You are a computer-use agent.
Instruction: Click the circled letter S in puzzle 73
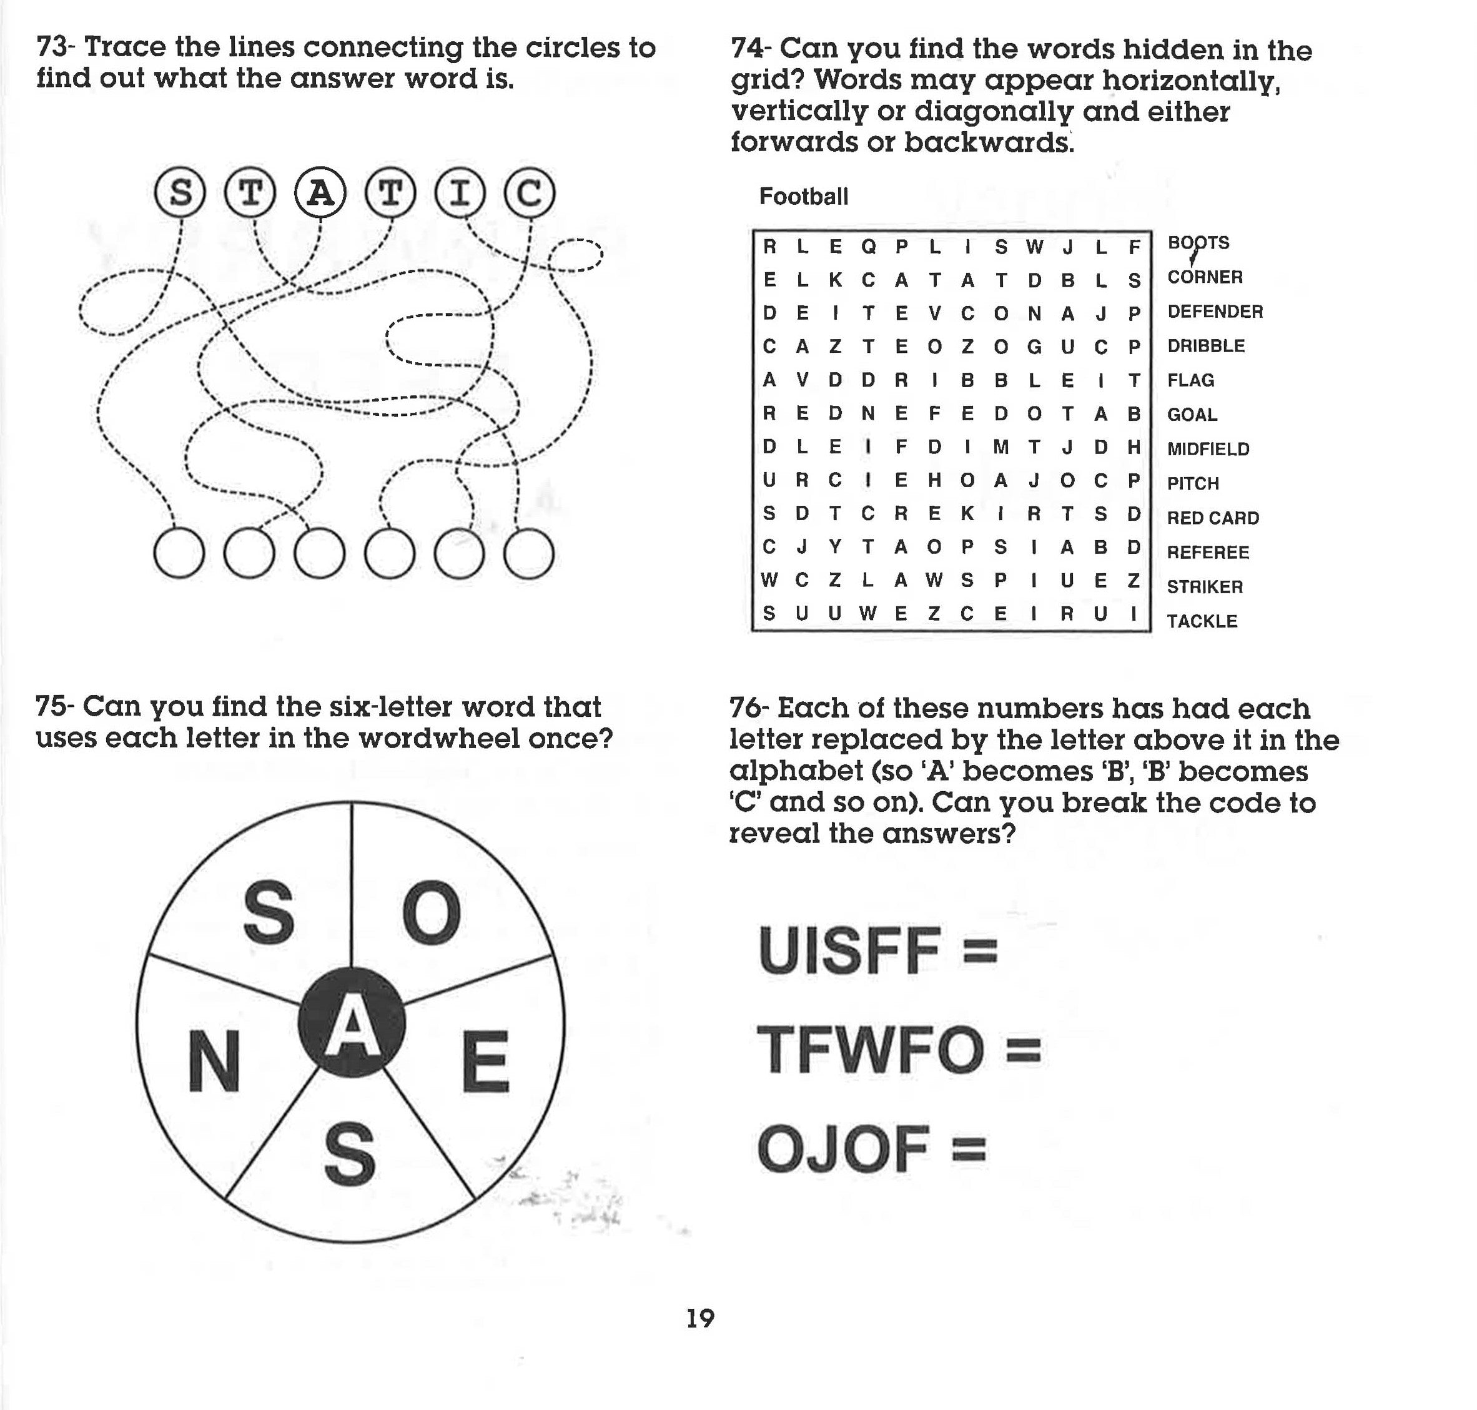tap(180, 193)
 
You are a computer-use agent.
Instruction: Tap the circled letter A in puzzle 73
tap(320, 193)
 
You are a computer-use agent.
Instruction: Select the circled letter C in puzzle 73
tap(529, 193)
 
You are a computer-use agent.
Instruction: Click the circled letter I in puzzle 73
tap(460, 193)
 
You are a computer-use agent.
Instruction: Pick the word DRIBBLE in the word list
tap(1206, 346)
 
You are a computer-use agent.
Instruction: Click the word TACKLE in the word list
tap(1201, 621)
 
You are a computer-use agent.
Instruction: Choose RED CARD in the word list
tap(1212, 518)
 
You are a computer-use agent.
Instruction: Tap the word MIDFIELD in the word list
tap(1208, 449)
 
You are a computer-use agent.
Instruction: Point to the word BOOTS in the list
tap(1198, 243)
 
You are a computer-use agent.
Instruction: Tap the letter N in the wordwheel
tap(214, 1063)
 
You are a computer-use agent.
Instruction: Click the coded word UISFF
tap(849, 951)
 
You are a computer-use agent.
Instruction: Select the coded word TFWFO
tap(870, 1050)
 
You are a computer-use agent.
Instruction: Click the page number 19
tap(701, 1318)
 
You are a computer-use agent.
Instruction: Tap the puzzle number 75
tap(52, 707)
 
